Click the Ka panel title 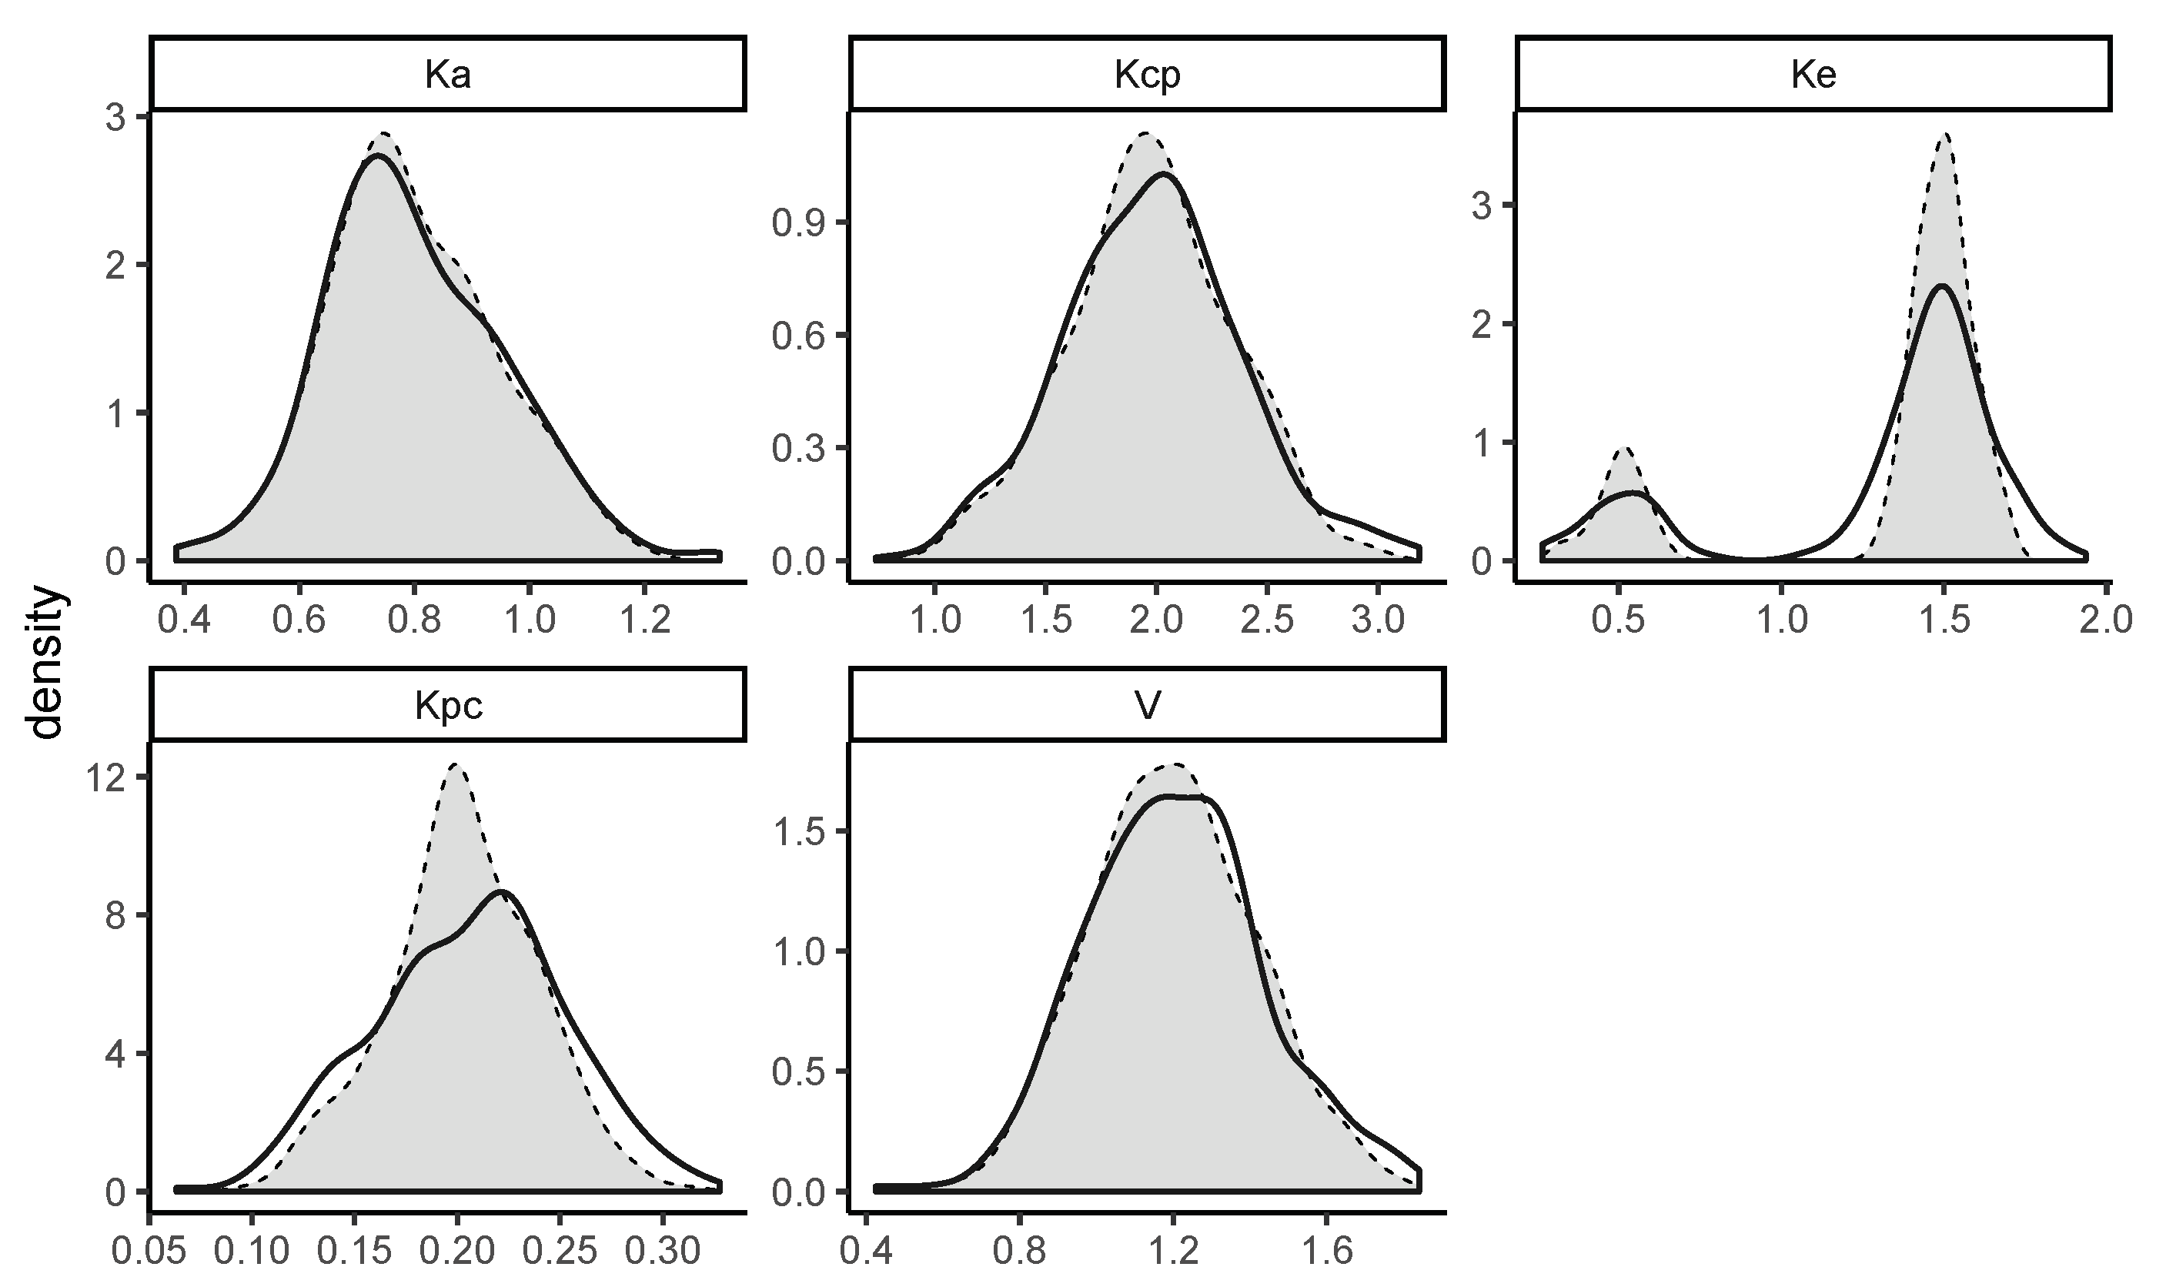(447, 76)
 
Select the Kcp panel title (1146, 76)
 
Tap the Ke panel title (1813, 76)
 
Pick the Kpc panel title (447, 706)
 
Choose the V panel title (1146, 706)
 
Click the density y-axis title (45, 663)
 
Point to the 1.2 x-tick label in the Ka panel (643, 621)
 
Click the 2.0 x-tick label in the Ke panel (2105, 621)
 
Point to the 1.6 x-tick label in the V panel (1327, 1251)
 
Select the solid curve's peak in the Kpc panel (501, 891)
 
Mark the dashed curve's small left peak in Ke (1625, 448)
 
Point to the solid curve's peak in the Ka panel (378, 157)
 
